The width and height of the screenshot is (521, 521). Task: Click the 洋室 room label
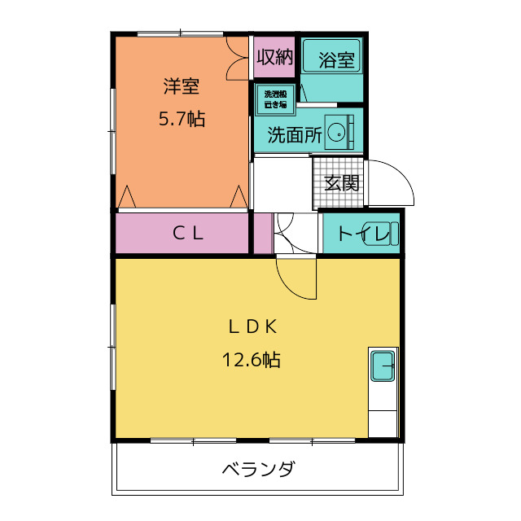point(181,85)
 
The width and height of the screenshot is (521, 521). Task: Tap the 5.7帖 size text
point(181,119)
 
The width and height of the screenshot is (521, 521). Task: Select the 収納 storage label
point(274,57)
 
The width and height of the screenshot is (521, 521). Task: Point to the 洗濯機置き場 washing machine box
point(274,99)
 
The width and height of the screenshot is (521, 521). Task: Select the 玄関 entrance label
point(341,183)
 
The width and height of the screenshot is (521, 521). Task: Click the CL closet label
point(187,234)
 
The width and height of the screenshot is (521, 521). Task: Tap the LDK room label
point(253,326)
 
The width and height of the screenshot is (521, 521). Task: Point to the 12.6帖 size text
point(252,359)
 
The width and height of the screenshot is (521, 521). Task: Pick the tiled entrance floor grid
point(323,184)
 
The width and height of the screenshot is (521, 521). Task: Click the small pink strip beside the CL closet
point(262,234)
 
